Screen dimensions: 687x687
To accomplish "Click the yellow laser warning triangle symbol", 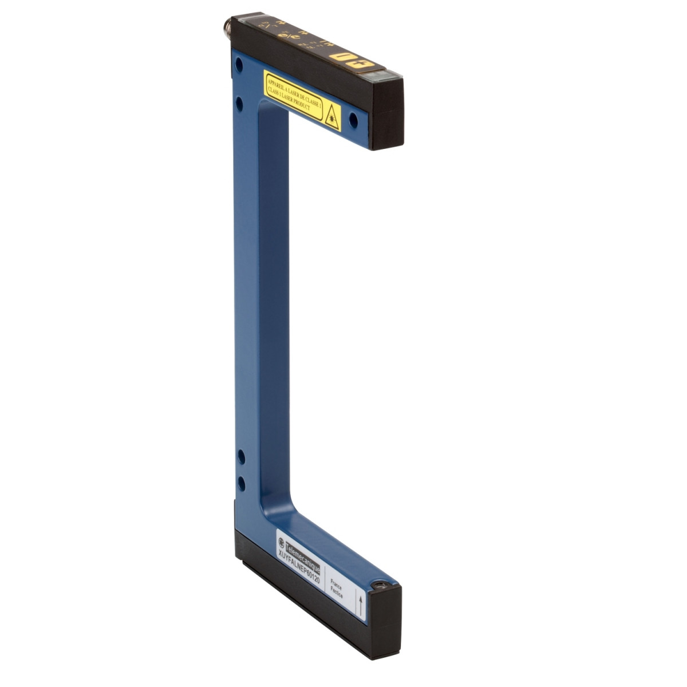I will click(x=331, y=117).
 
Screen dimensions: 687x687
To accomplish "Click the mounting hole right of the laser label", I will click(x=353, y=120).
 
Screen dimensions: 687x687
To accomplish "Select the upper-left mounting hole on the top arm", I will click(x=239, y=64).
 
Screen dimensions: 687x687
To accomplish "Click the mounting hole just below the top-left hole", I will click(x=240, y=103).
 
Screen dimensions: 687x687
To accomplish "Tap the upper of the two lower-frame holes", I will click(x=241, y=456).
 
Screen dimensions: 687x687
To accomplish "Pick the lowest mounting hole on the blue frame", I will click(x=242, y=484).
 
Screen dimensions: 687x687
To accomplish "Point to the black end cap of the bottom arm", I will click(x=385, y=624).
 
